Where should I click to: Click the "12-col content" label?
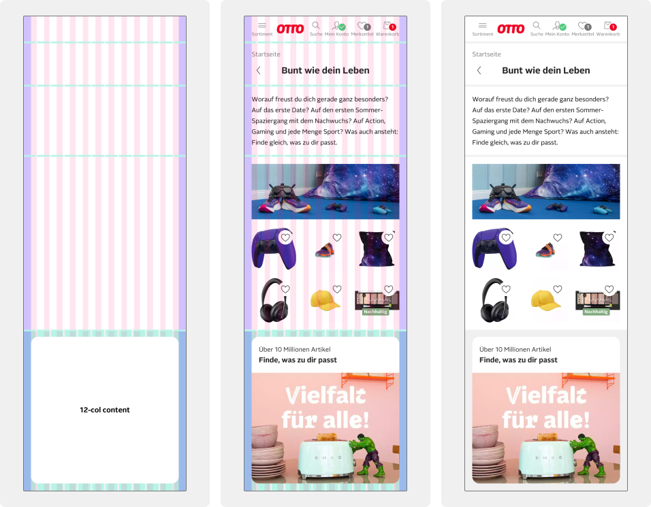104,410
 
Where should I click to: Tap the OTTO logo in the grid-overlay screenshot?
290,29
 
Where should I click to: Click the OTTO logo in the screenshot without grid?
511,29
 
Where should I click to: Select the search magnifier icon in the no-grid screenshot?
537,26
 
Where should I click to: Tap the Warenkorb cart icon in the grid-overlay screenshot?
389,26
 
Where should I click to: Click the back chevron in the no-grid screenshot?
479,70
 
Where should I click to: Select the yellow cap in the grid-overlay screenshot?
325,299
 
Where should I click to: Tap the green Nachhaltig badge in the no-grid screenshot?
596,312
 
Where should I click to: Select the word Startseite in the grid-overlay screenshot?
266,54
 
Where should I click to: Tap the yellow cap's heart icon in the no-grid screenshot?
558,289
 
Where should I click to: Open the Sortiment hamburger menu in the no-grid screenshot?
483,25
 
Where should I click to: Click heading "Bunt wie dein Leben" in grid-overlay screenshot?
325,70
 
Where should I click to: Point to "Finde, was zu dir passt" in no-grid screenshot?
518,360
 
